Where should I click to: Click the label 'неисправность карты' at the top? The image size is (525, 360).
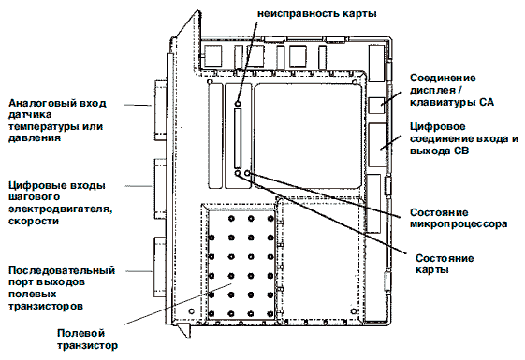[x=316, y=14]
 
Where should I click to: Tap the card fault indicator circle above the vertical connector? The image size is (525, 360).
[x=238, y=103]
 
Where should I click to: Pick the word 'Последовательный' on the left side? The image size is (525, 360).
[x=62, y=270]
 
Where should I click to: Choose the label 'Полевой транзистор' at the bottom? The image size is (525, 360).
[x=87, y=339]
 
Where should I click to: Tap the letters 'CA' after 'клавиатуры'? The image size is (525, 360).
[x=487, y=102]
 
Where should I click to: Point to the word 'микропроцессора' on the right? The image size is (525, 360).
[x=459, y=223]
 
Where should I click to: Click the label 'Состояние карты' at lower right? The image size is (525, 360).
[x=445, y=264]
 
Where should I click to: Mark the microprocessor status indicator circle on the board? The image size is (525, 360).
[x=247, y=173]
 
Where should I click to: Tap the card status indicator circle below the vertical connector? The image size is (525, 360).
[x=238, y=173]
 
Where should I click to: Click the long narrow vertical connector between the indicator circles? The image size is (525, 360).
[x=238, y=138]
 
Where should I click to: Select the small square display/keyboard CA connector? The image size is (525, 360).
[x=377, y=105]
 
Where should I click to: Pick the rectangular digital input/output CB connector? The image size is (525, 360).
[x=378, y=145]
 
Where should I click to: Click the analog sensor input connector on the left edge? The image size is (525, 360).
[x=160, y=110]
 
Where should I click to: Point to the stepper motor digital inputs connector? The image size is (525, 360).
[x=160, y=189]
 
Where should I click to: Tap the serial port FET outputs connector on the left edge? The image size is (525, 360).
[x=160, y=267]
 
